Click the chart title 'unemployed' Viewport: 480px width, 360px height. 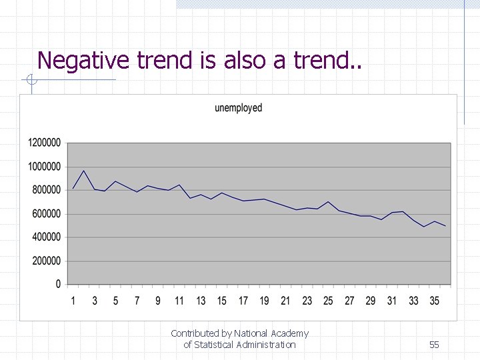(x=238, y=108)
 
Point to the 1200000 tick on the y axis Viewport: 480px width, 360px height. (x=45, y=143)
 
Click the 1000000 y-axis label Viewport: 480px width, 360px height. (x=45, y=167)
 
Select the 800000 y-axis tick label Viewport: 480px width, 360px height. (x=47, y=190)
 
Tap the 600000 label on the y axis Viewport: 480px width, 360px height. (x=47, y=214)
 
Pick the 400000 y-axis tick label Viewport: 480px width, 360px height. (x=47, y=237)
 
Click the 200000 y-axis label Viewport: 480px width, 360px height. (x=47, y=261)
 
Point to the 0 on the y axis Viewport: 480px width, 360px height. (x=59, y=285)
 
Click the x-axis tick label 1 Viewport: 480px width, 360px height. (x=73, y=301)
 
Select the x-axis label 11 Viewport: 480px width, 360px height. (x=179, y=301)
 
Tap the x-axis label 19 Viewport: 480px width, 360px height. (x=265, y=301)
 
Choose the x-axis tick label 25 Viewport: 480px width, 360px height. (x=328, y=301)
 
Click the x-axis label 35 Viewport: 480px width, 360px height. (x=435, y=301)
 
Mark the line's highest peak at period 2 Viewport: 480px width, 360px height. (x=84, y=171)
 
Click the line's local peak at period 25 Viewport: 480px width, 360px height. (x=328, y=201)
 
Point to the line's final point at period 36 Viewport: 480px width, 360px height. (x=445, y=226)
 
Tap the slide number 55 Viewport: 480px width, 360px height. (x=434, y=345)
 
